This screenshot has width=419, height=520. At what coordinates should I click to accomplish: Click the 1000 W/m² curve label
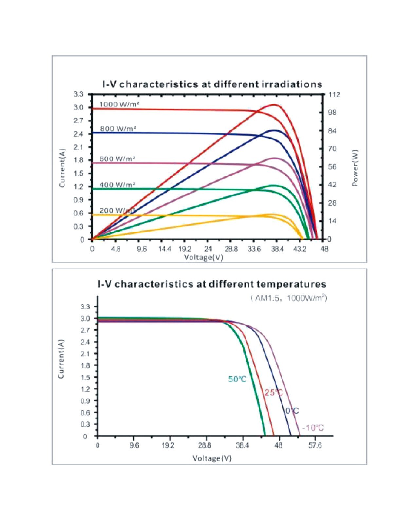point(119,104)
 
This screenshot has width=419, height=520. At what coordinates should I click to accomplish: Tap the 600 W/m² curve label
point(118,159)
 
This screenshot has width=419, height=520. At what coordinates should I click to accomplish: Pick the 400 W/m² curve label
point(118,185)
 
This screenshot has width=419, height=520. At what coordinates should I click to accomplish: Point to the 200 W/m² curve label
point(117,210)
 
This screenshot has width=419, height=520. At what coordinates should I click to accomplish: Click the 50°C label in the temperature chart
point(237,379)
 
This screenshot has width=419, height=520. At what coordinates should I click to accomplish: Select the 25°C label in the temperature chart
point(274,392)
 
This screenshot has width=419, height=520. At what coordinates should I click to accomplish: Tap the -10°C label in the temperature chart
point(313,428)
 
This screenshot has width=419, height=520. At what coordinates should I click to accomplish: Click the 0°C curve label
point(292,411)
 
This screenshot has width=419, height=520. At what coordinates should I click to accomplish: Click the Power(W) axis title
point(355,168)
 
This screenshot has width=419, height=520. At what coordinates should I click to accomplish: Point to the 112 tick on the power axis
point(334,95)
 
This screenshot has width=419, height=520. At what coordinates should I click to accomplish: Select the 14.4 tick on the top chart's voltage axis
point(165,249)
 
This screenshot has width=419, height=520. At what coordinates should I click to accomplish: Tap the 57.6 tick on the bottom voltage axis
point(315,445)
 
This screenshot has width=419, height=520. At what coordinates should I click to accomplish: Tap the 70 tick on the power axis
point(332,149)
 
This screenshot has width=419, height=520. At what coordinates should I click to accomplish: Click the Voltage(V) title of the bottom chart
point(212,458)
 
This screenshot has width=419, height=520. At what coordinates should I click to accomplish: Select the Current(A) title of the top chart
point(62,168)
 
